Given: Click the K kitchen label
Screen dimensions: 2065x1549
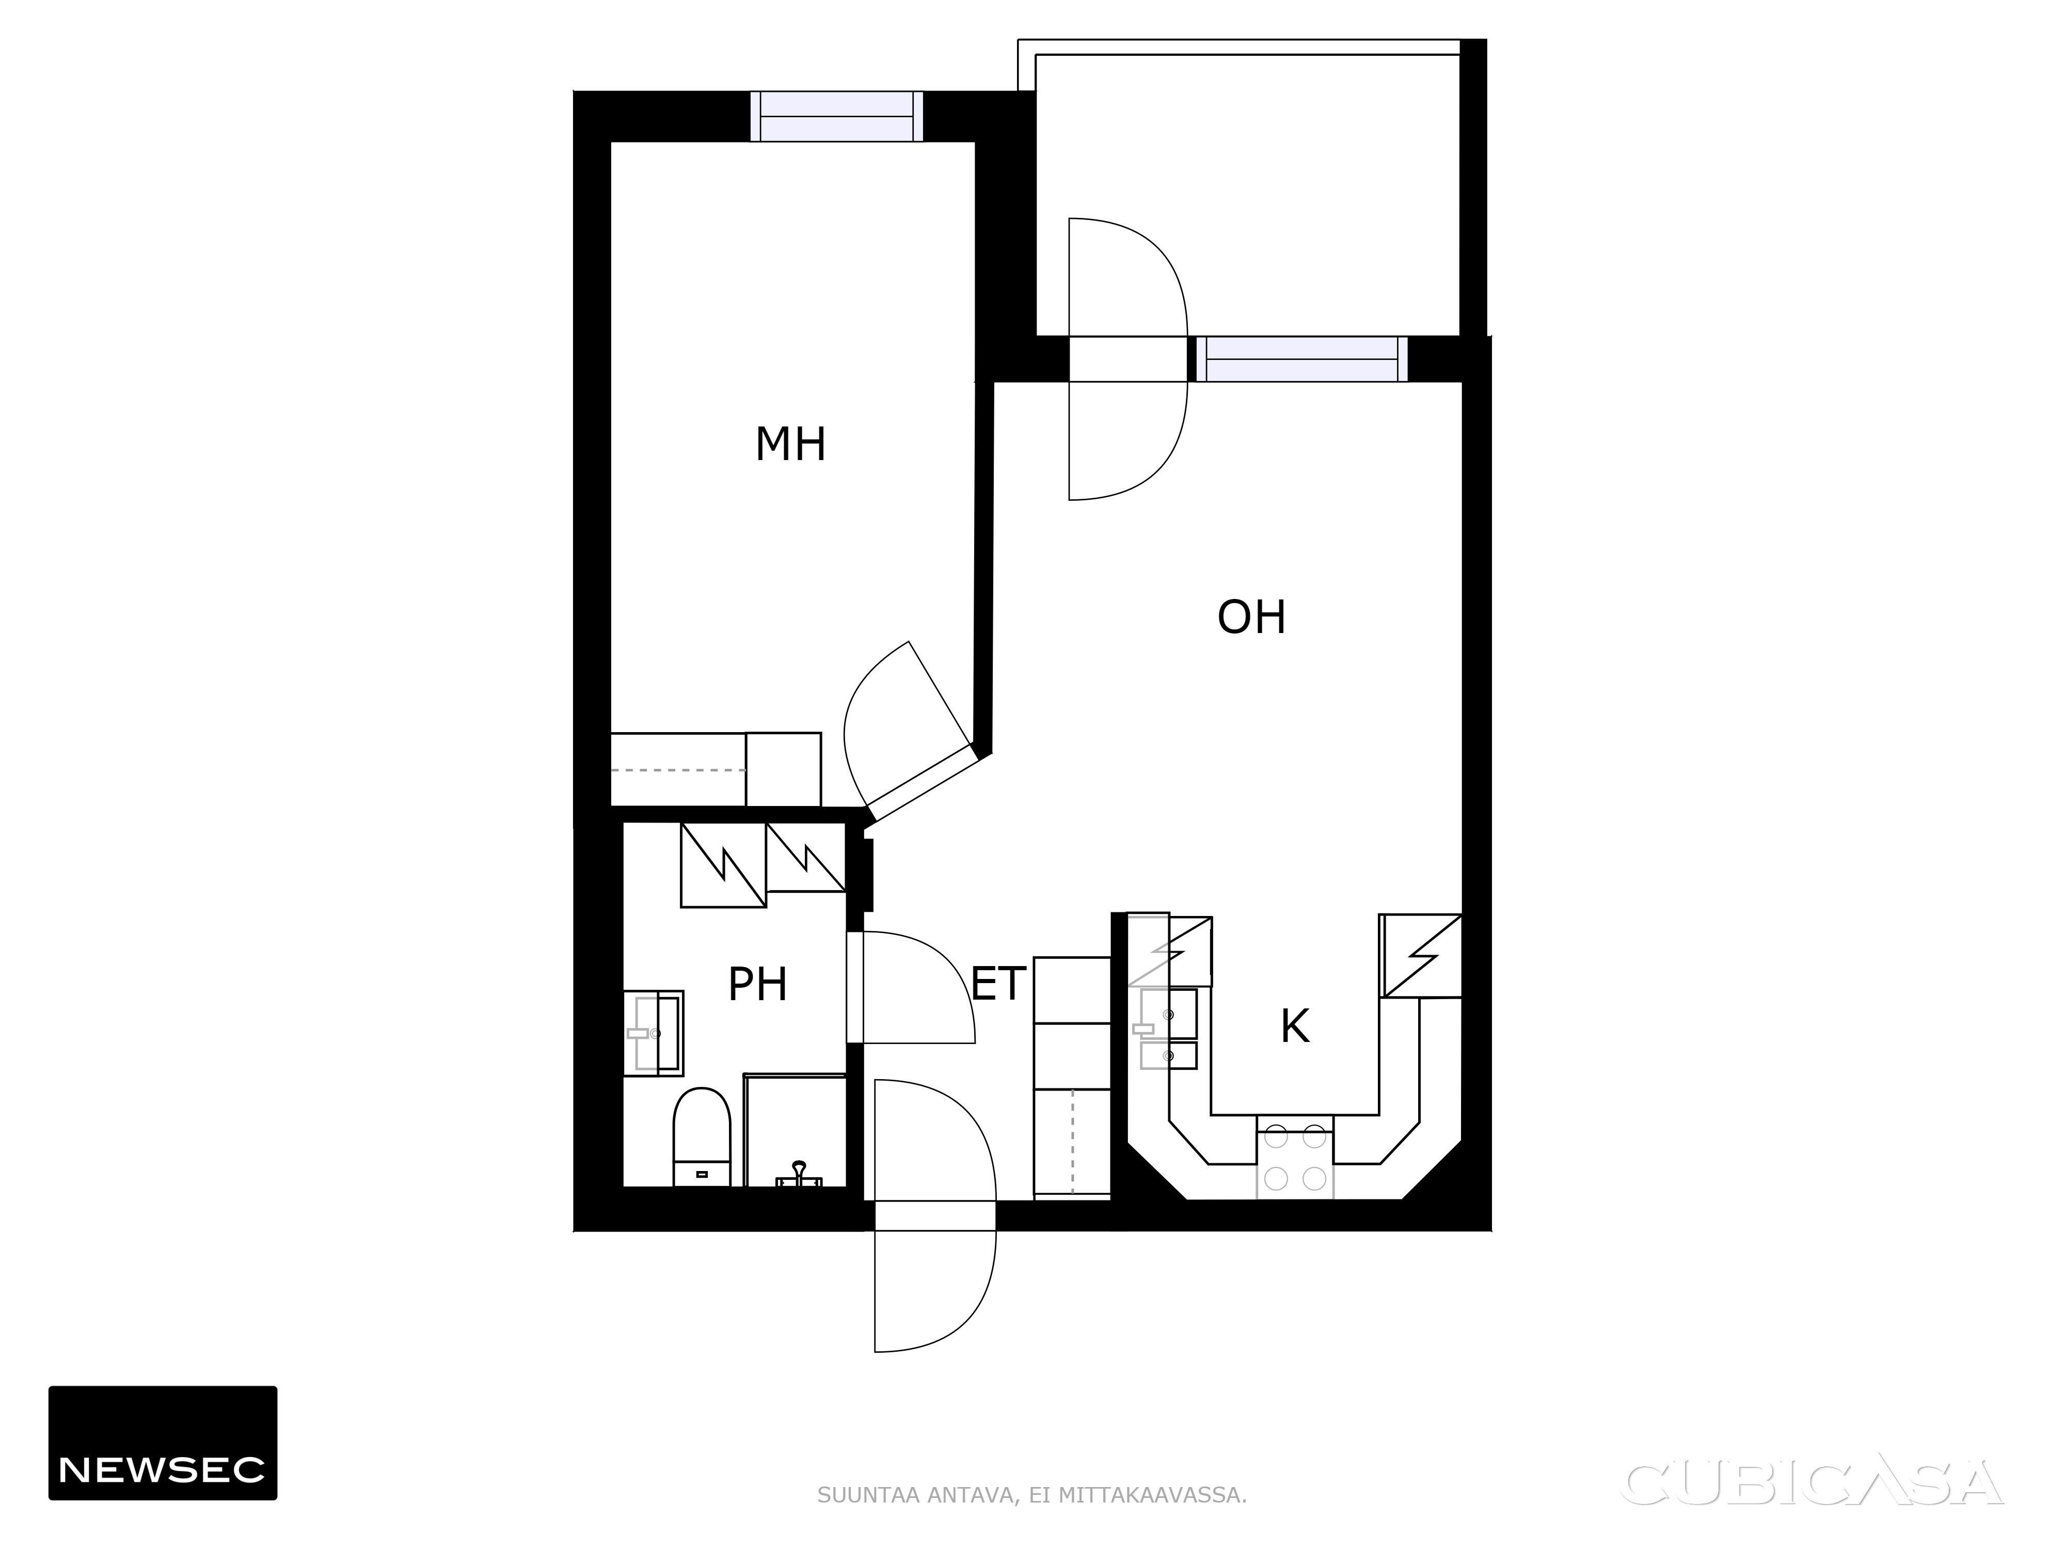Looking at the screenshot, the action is pos(1295,1027).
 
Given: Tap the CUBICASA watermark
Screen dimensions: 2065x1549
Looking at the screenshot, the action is pos(1814,1483).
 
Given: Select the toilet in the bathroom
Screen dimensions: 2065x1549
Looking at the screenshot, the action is pos(701,1136).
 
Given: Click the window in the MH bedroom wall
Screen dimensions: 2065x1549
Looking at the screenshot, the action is pos(836,117).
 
